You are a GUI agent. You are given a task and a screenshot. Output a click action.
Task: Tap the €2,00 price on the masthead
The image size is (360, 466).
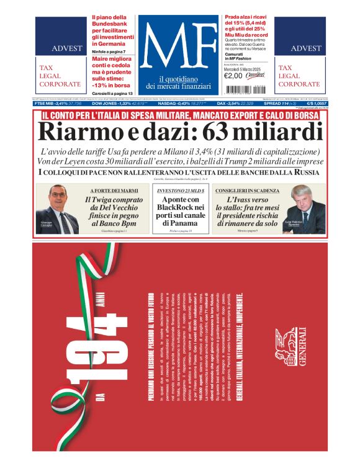click(x=232, y=76)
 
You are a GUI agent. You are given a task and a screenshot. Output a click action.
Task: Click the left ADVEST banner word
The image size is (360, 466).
click(x=66, y=48)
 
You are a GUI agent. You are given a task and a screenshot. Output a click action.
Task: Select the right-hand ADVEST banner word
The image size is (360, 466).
click(x=305, y=48)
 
